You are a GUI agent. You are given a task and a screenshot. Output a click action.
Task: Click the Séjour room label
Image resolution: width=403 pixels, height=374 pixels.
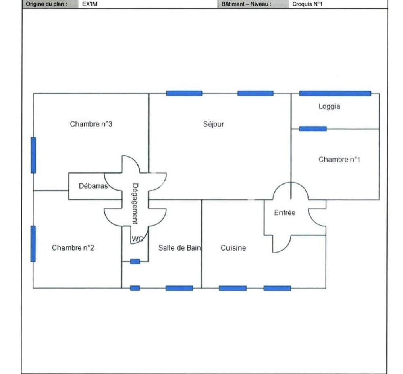[213, 124]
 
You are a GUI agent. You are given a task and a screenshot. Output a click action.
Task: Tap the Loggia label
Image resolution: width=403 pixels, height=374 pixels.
[329, 106]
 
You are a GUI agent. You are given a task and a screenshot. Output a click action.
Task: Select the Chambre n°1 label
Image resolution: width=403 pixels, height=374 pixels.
[339, 159]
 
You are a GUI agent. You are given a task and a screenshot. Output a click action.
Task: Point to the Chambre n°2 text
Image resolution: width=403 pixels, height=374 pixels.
[73, 248]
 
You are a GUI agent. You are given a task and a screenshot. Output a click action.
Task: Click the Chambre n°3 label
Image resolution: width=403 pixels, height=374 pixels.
[91, 124]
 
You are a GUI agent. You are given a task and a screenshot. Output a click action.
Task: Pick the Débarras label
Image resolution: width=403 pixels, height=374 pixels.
[93, 186]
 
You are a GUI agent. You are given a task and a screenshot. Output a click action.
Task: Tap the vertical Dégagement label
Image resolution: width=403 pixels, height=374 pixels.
[135, 204]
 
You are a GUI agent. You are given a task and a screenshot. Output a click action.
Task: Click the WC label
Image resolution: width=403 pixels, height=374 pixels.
[137, 239]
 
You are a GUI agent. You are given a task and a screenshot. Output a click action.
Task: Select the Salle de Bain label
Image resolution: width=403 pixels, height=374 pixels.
[180, 248]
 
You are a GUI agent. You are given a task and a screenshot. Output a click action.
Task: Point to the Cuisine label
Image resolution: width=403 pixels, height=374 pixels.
[233, 248]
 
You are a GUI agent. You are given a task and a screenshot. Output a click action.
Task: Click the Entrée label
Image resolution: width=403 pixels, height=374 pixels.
[285, 212]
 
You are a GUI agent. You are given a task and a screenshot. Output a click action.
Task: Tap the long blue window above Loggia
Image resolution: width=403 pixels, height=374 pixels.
[335, 93]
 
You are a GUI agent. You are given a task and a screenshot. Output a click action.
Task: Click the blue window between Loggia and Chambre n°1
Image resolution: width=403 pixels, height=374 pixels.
[313, 129]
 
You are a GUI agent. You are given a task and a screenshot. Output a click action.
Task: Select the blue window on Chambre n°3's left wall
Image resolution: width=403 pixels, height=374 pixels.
[33, 155]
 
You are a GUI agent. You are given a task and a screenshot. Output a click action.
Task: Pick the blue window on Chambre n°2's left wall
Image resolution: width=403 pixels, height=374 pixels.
[33, 244]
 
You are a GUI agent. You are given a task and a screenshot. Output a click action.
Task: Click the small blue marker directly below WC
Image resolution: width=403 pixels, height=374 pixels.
[135, 262]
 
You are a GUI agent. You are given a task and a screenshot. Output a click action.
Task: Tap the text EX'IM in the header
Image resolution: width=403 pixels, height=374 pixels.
[90, 4]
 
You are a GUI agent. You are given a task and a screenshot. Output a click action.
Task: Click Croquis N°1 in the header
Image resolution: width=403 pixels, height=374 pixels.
[307, 4]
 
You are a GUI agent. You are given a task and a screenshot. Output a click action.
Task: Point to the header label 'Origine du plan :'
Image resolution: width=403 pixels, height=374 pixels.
[47, 4]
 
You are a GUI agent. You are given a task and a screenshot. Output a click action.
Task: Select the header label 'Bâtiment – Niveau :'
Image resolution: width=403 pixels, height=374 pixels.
[246, 4]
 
